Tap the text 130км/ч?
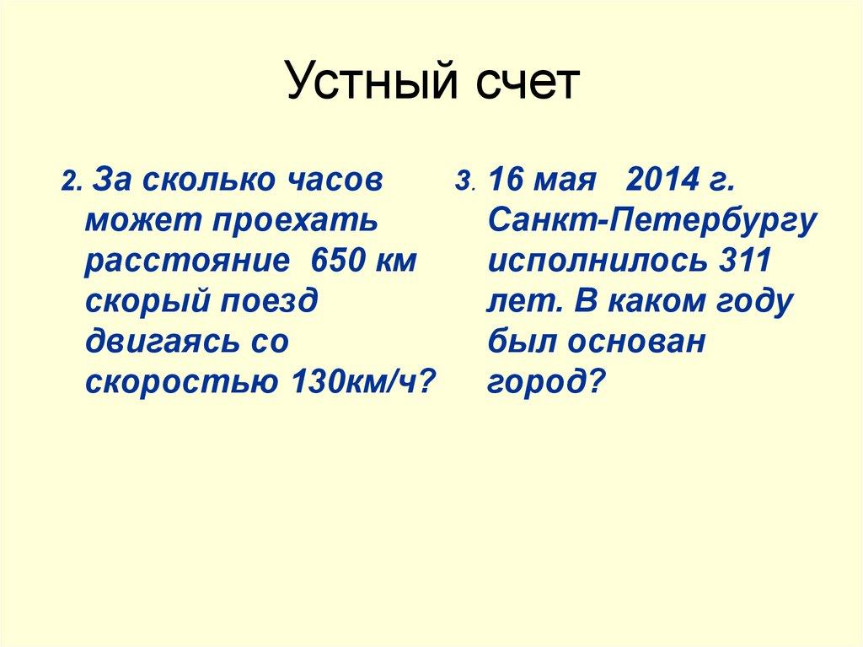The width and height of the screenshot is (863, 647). [364, 381]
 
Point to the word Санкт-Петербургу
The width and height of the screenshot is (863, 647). [651, 221]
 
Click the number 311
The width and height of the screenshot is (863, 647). [744, 261]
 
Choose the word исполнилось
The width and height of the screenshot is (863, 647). [598, 261]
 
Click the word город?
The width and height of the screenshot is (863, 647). [546, 382]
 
